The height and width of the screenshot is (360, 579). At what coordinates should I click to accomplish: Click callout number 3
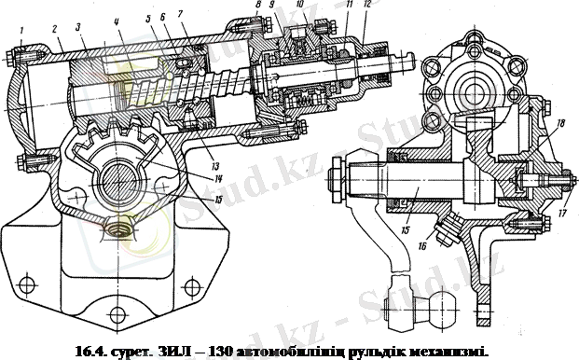point(81,27)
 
